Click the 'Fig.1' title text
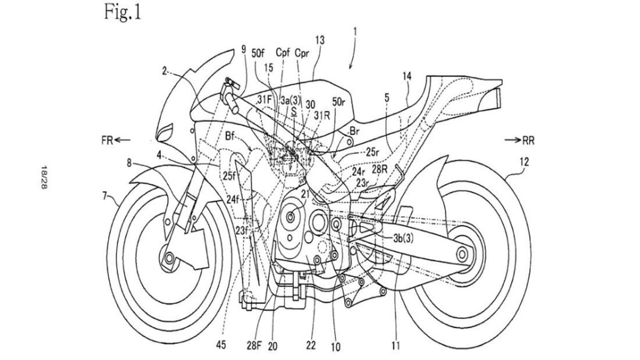pyautogui.click(x=123, y=13)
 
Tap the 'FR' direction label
pyautogui.click(x=108, y=140)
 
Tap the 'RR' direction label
pyautogui.click(x=528, y=140)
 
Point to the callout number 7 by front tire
pyautogui.click(x=105, y=196)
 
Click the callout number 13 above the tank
pyautogui.click(x=320, y=40)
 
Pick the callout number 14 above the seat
pyautogui.click(x=407, y=76)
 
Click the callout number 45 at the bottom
pyautogui.click(x=221, y=345)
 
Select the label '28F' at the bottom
pyautogui.click(x=254, y=346)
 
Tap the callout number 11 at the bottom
pyautogui.click(x=396, y=346)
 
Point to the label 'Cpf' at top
pyautogui.click(x=283, y=52)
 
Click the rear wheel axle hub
pyautogui.click(x=461, y=255)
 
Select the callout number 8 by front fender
pyautogui.click(x=129, y=163)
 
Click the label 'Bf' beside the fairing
pyautogui.click(x=230, y=136)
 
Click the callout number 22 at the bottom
pyautogui.click(x=311, y=345)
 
